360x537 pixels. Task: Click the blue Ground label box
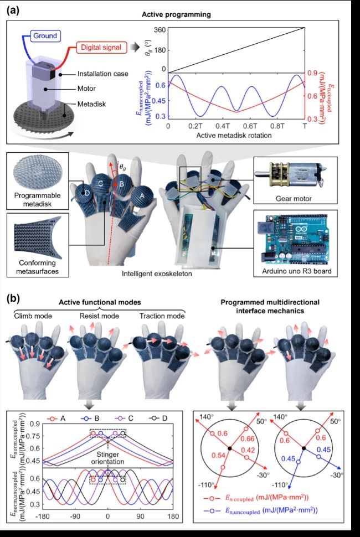pyautogui.click(x=45, y=35)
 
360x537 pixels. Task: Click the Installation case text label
pyautogui.click(x=103, y=73)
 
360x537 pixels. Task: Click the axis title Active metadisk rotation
pyautogui.click(x=234, y=135)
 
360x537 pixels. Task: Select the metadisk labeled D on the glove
pyautogui.click(x=84, y=194)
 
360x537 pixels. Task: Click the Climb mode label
pyautogui.click(x=33, y=316)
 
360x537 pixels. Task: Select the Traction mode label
pyautogui.click(x=162, y=316)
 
